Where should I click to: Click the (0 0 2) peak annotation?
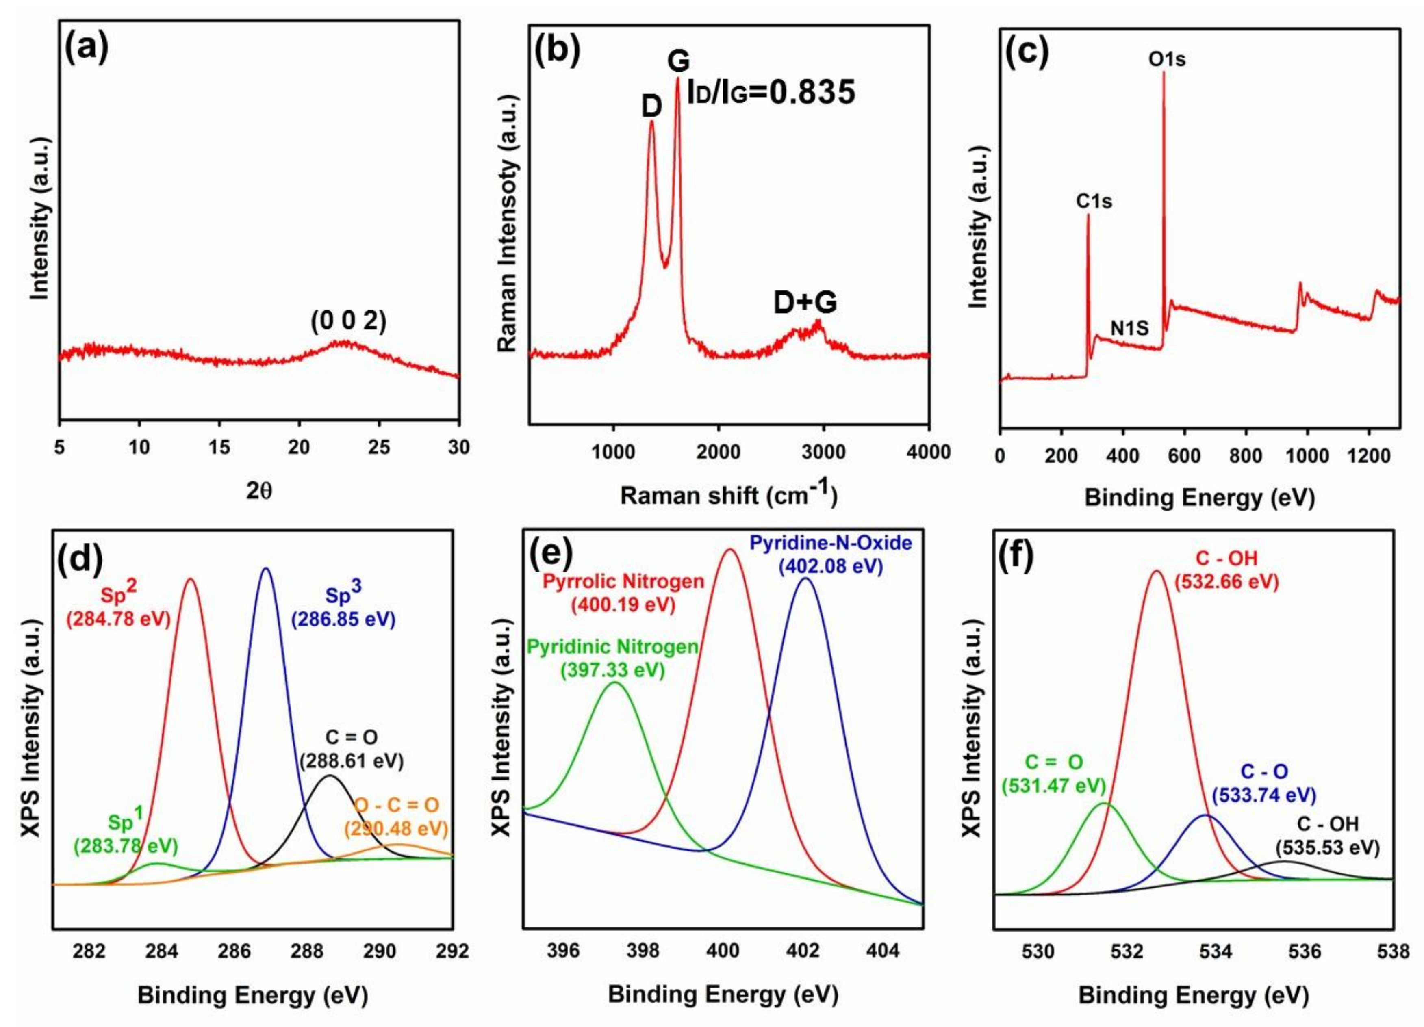pos(348,321)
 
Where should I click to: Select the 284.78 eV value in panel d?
pos(119,619)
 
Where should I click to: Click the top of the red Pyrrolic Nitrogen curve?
pos(729,550)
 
